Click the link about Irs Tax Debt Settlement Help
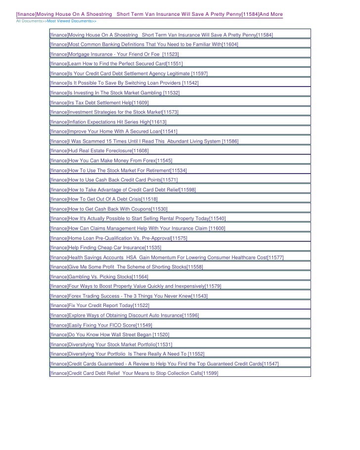[x=99, y=102]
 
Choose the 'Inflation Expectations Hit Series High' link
[x=108, y=122]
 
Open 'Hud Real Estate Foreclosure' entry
[x=99, y=150]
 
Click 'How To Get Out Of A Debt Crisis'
[x=104, y=199]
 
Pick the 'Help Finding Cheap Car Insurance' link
[x=105, y=247]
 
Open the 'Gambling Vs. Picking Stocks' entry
[x=99, y=276]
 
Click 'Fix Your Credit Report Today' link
[x=99, y=306]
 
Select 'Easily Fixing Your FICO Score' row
[x=101, y=325]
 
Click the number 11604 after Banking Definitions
[x=230, y=45]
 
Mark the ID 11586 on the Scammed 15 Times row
[x=230, y=141]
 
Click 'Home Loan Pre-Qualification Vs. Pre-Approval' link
[x=119, y=238]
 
